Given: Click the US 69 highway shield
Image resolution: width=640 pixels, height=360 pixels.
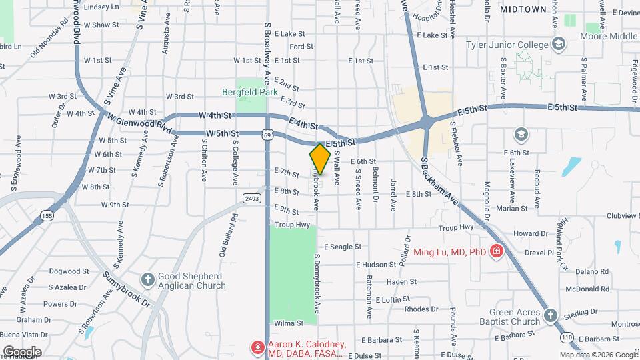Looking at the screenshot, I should [x=267, y=135].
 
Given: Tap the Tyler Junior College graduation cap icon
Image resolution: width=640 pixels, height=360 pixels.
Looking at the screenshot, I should [x=558, y=45].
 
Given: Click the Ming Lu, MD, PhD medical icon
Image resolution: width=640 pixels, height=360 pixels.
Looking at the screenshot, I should [x=496, y=252].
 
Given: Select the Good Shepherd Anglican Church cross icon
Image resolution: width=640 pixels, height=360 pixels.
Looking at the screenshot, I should [x=147, y=278].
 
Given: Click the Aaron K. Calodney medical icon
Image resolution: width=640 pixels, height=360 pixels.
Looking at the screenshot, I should [x=257, y=347].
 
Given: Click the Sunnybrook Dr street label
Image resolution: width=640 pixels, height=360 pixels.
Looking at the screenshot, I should [x=127, y=287].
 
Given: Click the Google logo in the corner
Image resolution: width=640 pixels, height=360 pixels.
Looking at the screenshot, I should [x=21, y=351].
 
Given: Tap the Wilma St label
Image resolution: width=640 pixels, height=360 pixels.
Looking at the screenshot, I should [x=289, y=323].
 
